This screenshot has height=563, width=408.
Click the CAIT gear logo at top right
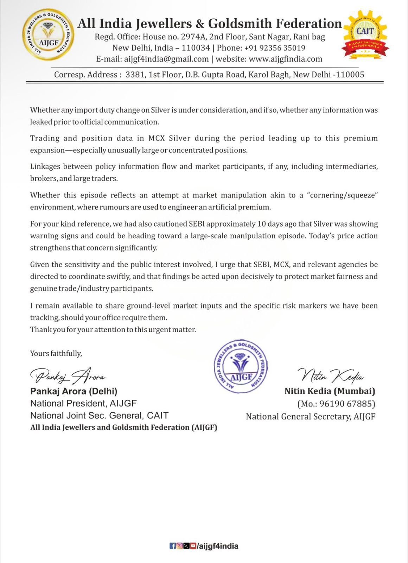coord(365,34)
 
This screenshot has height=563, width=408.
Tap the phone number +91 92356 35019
coord(275,48)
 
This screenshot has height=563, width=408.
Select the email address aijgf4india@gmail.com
coord(166,59)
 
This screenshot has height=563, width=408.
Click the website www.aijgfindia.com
coord(286,59)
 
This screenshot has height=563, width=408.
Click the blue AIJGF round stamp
coord(241,366)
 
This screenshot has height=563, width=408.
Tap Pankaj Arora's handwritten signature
coord(68,376)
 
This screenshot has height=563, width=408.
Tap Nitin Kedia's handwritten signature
coord(331,376)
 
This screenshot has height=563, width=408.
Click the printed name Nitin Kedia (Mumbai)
coord(330,391)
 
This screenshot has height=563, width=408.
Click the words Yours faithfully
coord(56,353)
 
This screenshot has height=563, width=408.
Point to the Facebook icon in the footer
coord(173,546)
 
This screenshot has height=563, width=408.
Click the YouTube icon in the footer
coord(193,546)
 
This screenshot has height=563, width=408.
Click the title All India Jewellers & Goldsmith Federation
coord(210,24)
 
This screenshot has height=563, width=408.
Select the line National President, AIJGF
coord(83,403)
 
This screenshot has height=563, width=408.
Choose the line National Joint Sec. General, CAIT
coord(99,416)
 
